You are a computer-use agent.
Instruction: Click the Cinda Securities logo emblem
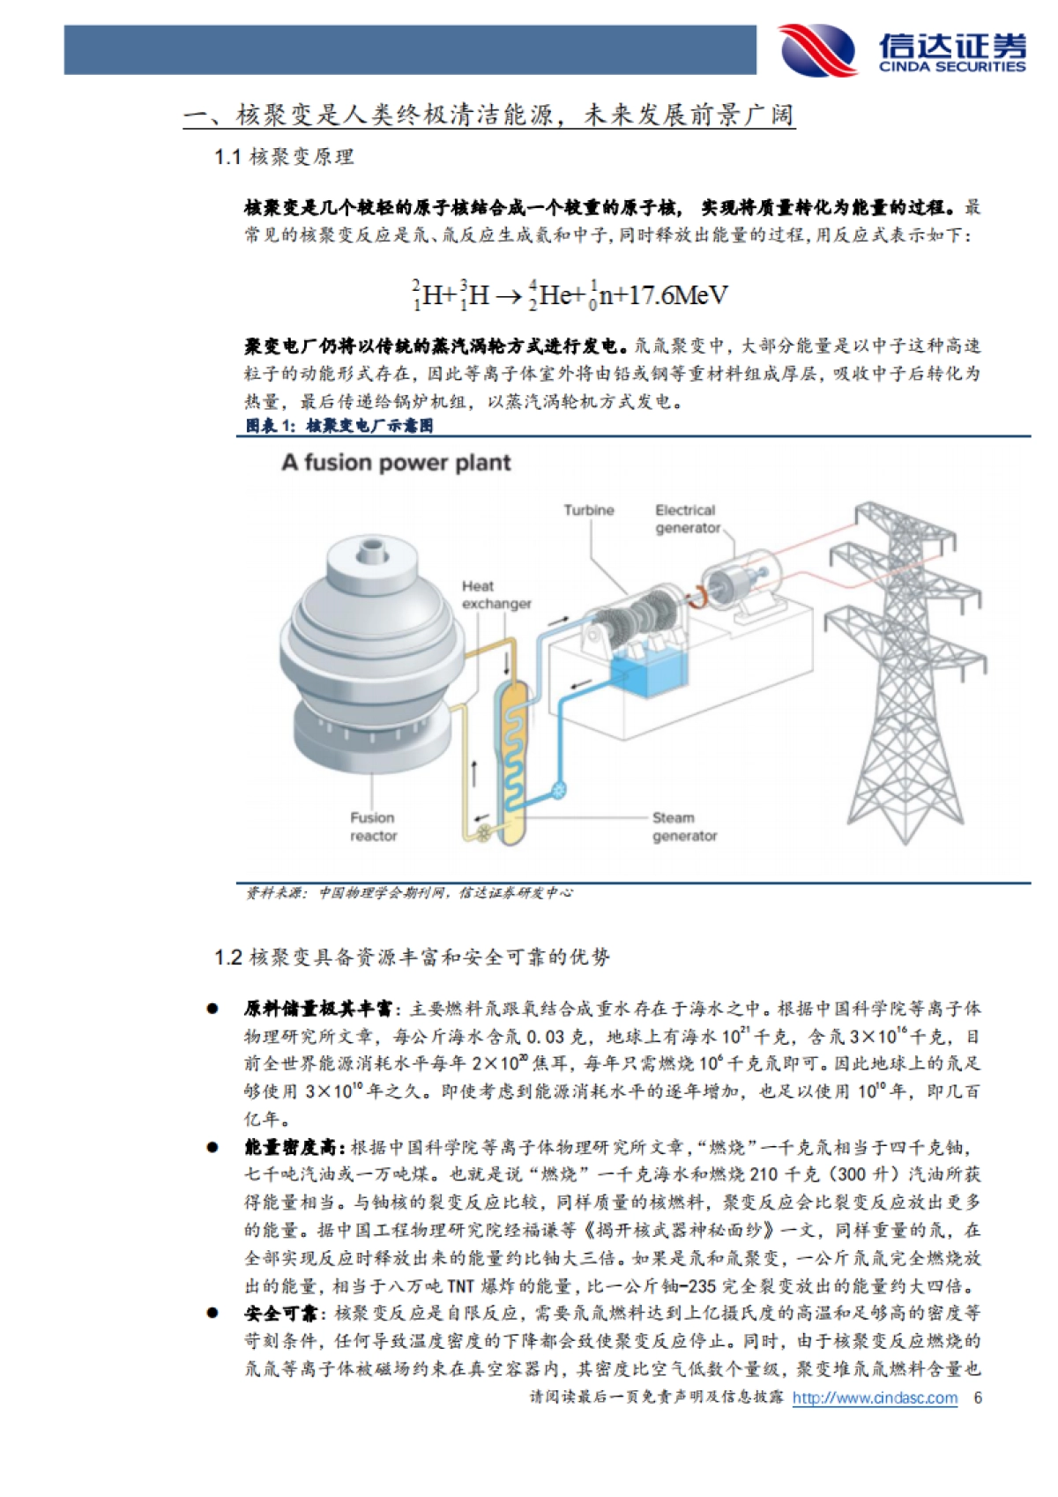[817, 50]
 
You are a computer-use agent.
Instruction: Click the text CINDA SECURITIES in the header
[952, 67]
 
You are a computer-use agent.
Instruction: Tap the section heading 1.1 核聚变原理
[284, 158]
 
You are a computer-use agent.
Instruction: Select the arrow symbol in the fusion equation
[509, 297]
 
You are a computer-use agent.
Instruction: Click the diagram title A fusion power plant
[396, 463]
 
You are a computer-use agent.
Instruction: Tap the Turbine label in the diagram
[589, 510]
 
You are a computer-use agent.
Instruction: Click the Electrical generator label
[687, 519]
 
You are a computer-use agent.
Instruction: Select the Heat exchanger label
[495, 595]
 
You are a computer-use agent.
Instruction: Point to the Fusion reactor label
[373, 827]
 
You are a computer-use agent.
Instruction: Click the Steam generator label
[684, 827]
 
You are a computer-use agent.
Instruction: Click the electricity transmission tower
[904, 670]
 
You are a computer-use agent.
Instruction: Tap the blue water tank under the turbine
[648, 674]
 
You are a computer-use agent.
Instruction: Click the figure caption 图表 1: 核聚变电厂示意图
[339, 426]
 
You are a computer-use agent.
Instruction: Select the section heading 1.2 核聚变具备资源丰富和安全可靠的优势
[412, 957]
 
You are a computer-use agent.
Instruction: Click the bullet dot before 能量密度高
[212, 1147]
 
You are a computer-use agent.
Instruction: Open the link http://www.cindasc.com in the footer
[875, 1398]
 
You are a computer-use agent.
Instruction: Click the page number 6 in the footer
[978, 1398]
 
